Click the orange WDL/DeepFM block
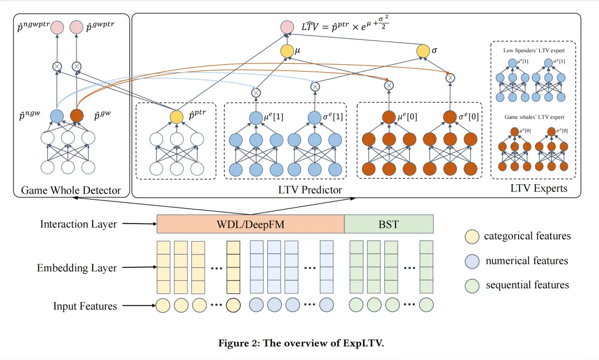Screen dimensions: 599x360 coord(251,224)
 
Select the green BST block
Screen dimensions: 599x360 coord(389,224)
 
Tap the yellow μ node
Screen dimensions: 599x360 coord(287,51)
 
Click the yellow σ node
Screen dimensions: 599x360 coord(423,51)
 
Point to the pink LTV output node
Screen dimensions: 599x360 coord(287,27)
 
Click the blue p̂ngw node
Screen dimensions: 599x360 coord(57,116)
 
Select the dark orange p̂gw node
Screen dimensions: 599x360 coord(77,116)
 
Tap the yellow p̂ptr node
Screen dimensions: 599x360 coord(176,117)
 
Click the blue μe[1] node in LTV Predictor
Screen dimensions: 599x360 coord(256,118)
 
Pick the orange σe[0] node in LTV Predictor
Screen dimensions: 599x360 coord(450,118)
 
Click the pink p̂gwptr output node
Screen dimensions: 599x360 coord(77,27)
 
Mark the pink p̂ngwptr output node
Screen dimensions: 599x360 coord(57,27)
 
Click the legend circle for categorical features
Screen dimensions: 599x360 coord(472,236)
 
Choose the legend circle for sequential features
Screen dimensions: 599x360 coord(472,286)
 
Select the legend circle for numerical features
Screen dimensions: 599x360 coord(472,261)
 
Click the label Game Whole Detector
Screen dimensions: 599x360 coord(70,190)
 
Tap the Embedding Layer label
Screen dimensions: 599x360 coord(77,268)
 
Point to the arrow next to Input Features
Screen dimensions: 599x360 coord(139,306)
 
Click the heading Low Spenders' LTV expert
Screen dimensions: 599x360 coord(534,50)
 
